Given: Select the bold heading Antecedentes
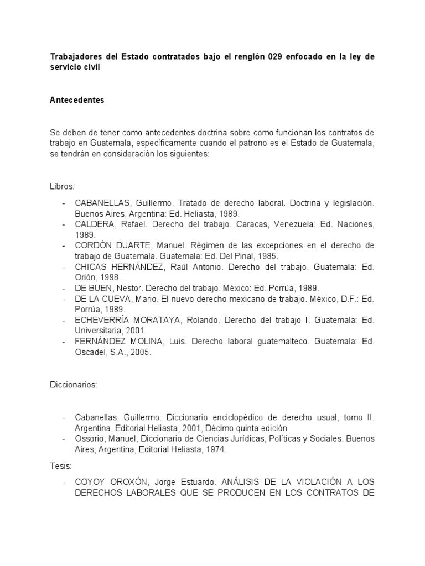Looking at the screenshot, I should tap(77, 101).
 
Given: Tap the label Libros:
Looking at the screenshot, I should tap(61, 186).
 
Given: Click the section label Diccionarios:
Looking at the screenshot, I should tap(74, 385).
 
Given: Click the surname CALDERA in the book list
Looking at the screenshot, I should tap(94, 224).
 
